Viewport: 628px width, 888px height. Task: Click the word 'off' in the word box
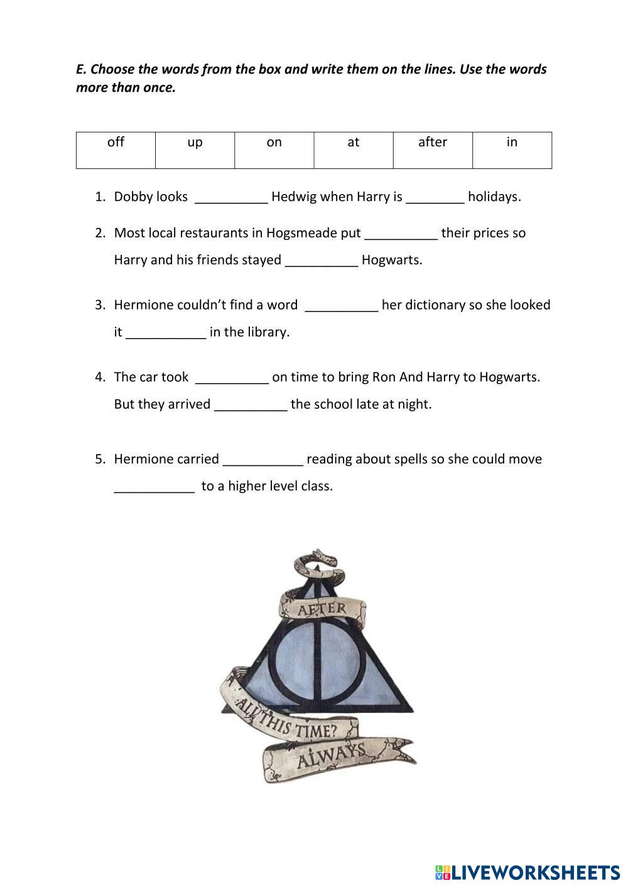point(116,143)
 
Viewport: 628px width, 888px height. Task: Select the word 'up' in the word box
point(195,143)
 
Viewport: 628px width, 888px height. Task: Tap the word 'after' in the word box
point(433,143)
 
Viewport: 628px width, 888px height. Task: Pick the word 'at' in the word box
point(354,143)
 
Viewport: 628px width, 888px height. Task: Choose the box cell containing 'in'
point(512,149)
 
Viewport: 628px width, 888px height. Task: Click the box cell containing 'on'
point(274,149)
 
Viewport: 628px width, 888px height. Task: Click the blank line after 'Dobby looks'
point(231,198)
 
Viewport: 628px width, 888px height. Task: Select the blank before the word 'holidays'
point(435,198)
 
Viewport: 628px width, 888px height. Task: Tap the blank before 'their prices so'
point(401,235)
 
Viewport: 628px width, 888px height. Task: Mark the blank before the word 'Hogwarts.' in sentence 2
point(322,262)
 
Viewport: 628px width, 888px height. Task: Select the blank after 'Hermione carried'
point(263,461)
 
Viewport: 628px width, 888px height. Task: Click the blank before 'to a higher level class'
point(154,488)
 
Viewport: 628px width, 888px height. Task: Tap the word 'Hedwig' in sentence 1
point(294,197)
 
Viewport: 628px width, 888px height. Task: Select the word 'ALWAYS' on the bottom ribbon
point(331,756)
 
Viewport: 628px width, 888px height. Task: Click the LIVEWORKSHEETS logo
point(528,872)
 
